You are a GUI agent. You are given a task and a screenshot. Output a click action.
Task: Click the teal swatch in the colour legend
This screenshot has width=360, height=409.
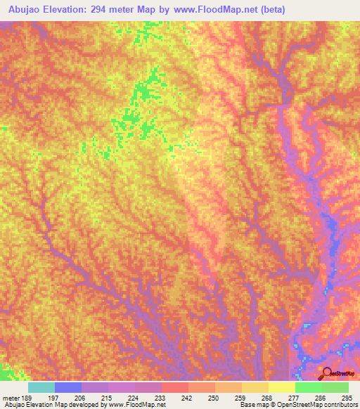pos(41,387)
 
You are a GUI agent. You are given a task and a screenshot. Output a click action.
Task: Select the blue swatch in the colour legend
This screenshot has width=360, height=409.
pos(68,387)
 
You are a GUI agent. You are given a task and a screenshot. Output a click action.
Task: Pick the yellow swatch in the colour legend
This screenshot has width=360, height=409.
pos(281,387)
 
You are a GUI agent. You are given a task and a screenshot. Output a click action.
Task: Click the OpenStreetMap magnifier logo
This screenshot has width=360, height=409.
pos(328,373)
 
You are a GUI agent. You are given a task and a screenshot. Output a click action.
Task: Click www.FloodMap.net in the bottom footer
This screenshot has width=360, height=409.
pos(136,405)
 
